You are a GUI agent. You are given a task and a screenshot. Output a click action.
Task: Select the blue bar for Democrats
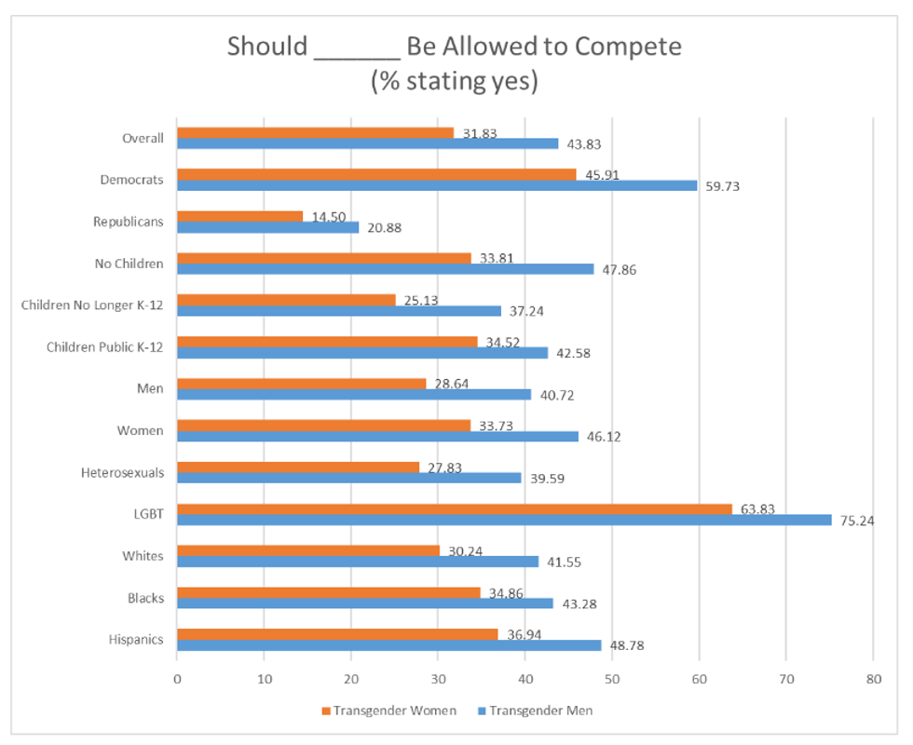pos(437,185)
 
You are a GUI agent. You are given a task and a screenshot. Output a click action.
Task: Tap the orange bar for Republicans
pos(239,216)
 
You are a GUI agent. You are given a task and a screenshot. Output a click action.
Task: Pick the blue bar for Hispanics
pos(389,644)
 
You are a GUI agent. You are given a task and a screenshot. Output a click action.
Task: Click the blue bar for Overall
pos(368,143)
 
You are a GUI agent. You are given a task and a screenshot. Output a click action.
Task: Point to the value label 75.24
pos(856,521)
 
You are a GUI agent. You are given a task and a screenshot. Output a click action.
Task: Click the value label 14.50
pos(328,217)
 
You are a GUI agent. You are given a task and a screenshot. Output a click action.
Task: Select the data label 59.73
pos(721,186)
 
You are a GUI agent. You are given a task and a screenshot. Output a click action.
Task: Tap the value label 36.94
pos(525,634)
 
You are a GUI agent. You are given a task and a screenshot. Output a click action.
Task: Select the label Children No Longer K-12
pos(92,305)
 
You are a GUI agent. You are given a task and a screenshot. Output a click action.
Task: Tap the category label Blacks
pos(145,598)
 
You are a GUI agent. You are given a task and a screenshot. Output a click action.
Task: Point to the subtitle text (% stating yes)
pos(455,81)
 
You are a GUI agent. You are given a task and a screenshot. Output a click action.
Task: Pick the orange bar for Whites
pos(308,550)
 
